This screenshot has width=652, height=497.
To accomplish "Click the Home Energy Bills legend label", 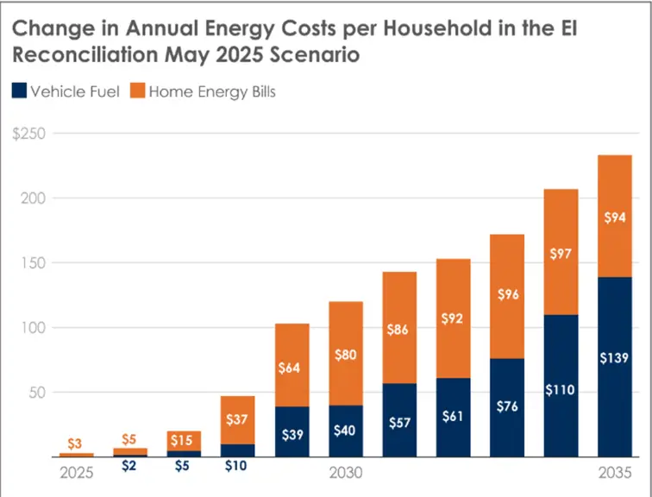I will coord(211,91).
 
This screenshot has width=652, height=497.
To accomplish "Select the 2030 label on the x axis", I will coord(346,474).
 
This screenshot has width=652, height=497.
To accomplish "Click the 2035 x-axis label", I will coord(614,474).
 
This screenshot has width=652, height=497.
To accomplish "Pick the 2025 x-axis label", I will coord(77,474).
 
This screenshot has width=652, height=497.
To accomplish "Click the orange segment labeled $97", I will coord(561,252).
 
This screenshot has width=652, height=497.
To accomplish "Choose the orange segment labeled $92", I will coord(453,318).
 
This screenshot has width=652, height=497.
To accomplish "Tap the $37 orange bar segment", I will coord(238,420).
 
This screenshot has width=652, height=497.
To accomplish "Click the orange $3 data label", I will coord(77,443).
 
